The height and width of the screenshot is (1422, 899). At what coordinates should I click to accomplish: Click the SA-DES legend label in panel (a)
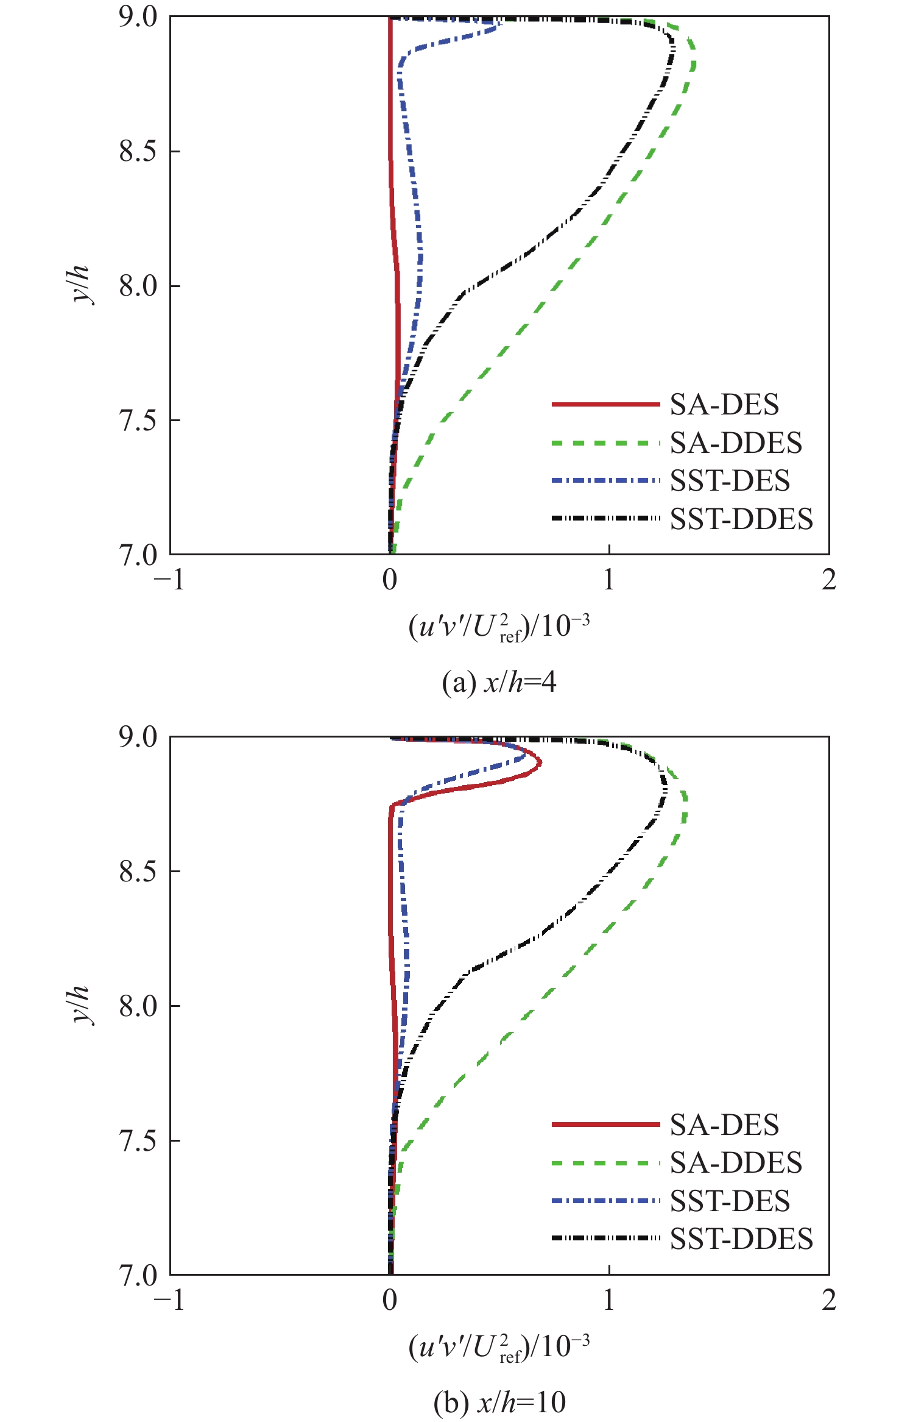[x=724, y=405]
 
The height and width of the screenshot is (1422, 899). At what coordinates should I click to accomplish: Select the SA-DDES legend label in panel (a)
[x=736, y=443]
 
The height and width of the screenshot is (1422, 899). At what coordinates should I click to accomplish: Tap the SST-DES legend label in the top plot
[x=730, y=481]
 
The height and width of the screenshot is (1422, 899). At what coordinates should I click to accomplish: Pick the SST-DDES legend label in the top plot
[x=741, y=519]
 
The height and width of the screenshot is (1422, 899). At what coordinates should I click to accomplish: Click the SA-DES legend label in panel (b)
[x=724, y=1125]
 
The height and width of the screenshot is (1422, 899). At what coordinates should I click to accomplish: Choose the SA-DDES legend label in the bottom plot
[x=736, y=1163]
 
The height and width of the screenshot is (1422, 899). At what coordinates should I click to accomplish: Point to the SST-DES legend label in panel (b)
[x=730, y=1201]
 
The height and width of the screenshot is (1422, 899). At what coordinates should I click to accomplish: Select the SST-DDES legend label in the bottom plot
[x=741, y=1239]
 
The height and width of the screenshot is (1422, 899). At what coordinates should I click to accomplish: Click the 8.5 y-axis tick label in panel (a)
[x=138, y=151]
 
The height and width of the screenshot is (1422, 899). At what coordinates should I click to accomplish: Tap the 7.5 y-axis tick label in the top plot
[x=138, y=421]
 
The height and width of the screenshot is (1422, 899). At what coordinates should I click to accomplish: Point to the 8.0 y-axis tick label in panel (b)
[x=138, y=1006]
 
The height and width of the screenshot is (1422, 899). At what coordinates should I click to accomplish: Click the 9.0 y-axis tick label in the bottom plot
[x=138, y=737]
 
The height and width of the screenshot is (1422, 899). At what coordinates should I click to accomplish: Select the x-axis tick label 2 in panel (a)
[x=828, y=580]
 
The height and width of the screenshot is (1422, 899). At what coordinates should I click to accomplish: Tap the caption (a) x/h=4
[x=499, y=682]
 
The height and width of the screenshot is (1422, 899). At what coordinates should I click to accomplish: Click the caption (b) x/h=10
[x=499, y=1402]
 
